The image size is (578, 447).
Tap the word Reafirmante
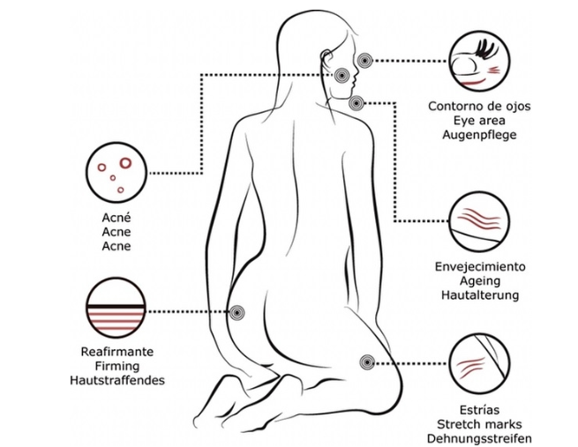point(116,352)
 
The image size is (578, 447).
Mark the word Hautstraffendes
point(116,381)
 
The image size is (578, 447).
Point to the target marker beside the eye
point(364,59)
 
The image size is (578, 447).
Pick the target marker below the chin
point(356,103)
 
